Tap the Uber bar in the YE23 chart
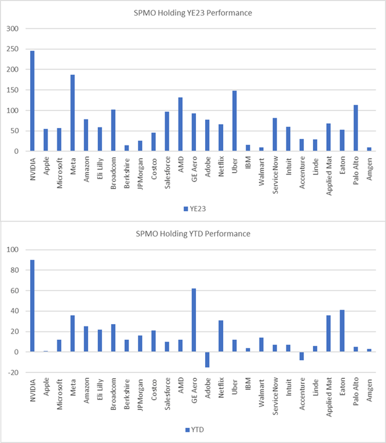pyautogui.click(x=235, y=121)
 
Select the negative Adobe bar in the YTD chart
pyautogui.click(x=207, y=360)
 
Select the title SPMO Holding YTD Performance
pyautogui.click(x=192, y=234)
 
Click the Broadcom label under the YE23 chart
pyautogui.click(x=114, y=171)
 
